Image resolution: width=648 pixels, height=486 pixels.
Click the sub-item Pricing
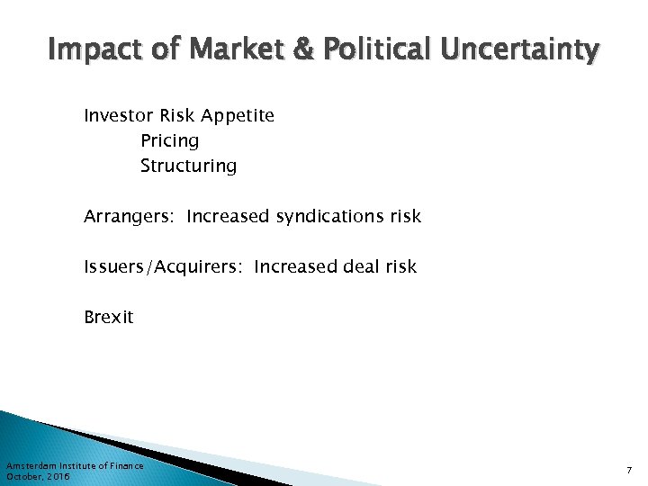point(169,141)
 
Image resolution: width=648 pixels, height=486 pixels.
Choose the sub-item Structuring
point(188,166)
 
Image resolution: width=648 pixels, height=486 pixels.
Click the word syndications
point(330,217)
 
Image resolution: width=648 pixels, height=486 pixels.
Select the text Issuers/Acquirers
point(164,267)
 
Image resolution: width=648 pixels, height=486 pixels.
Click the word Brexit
point(108,317)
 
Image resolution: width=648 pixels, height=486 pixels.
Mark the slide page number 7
point(629,470)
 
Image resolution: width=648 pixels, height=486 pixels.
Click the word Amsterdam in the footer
point(31,465)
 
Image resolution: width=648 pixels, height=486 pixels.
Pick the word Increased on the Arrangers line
point(228,216)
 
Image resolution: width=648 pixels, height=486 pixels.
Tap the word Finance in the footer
point(126,465)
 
